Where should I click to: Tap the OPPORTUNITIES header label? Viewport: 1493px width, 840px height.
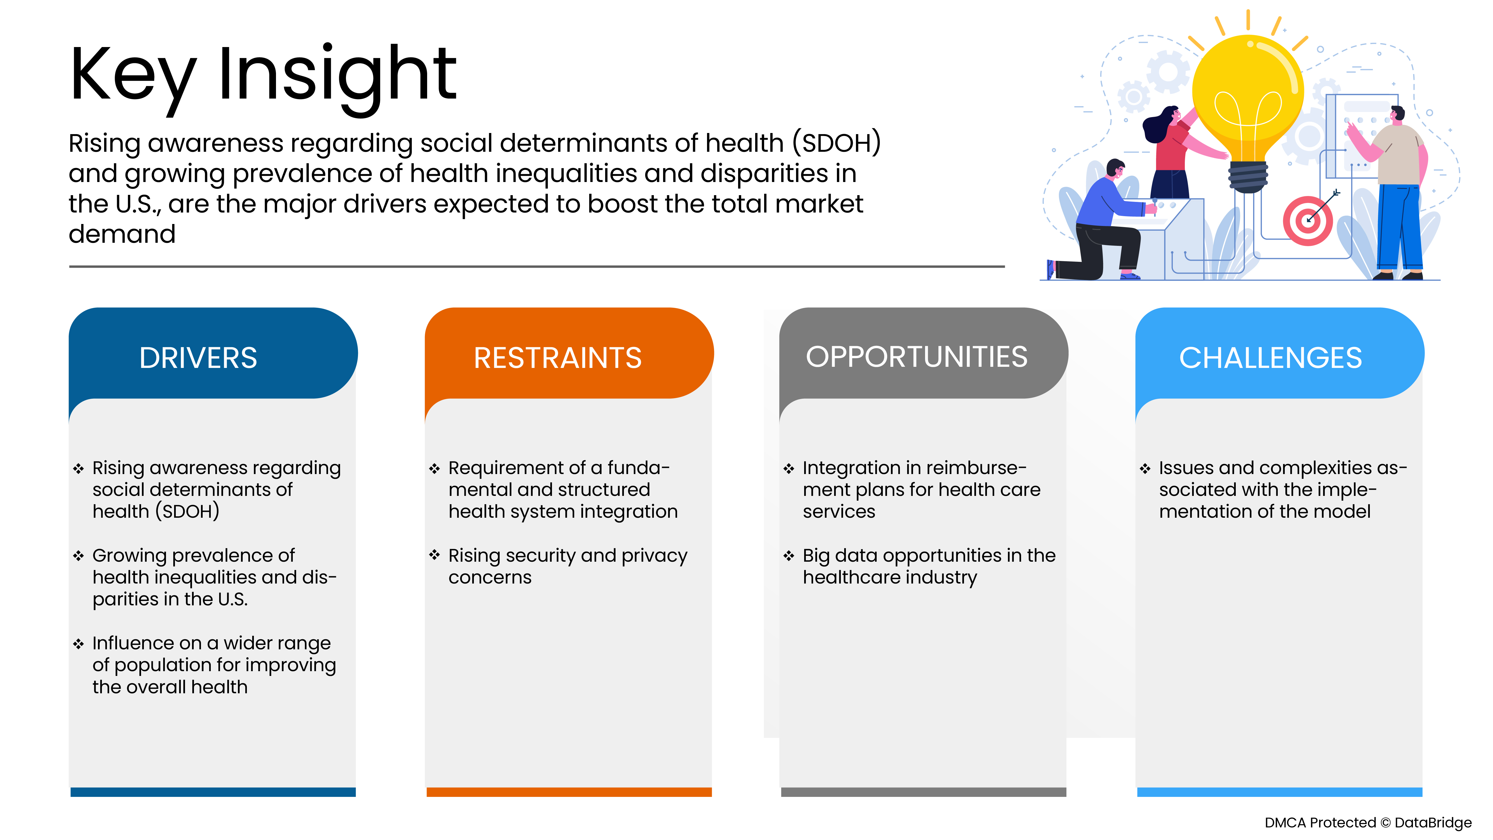[x=916, y=356]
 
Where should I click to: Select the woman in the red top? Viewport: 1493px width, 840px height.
[x=1171, y=151]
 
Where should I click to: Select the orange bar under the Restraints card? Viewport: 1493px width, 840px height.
[x=568, y=792]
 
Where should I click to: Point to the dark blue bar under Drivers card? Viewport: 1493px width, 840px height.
[x=213, y=792]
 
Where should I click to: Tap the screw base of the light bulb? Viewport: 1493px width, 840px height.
[x=1248, y=177]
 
